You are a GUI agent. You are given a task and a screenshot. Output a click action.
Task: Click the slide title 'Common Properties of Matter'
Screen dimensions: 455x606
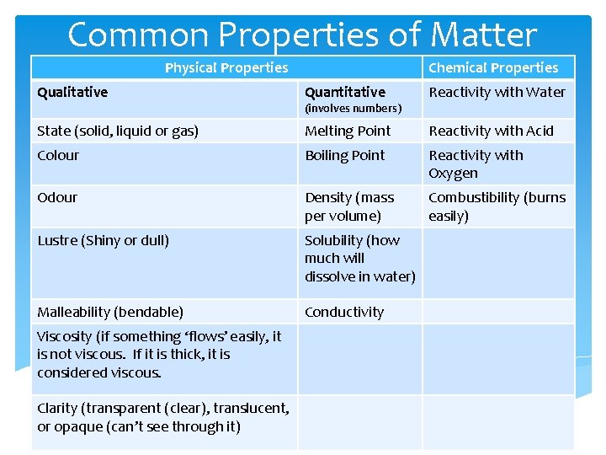(302, 35)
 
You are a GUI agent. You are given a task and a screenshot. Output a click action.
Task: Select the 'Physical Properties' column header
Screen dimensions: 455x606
(226, 68)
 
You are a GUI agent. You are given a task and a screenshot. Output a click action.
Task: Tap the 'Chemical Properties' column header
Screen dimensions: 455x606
(493, 68)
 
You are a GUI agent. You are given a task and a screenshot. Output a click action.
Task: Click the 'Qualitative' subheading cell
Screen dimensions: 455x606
(72, 93)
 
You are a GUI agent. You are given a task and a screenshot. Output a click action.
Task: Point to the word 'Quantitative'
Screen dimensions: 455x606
(345, 93)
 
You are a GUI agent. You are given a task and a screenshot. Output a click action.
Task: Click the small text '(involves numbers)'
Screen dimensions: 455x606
(353, 109)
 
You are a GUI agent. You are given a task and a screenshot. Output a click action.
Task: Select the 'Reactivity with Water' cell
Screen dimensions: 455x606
(497, 93)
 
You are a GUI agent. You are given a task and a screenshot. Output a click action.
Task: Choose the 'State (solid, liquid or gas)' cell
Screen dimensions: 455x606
(118, 131)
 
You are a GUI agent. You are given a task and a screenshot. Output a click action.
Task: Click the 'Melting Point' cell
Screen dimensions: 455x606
(348, 131)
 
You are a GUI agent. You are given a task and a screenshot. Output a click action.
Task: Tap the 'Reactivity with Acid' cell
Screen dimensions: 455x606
(492, 131)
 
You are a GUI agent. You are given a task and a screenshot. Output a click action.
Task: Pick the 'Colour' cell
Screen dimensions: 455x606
(58, 155)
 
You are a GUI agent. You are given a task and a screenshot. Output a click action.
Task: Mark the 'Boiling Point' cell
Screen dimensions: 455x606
(345, 155)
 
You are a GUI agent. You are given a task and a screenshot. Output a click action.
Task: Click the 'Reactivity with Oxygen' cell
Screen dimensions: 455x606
(476, 163)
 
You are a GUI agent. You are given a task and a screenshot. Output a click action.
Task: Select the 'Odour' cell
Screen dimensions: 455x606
(57, 197)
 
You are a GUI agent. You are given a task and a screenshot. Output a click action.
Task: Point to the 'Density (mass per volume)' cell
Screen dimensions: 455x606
(349, 206)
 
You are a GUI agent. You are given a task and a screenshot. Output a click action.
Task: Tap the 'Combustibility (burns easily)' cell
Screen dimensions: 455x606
(497, 206)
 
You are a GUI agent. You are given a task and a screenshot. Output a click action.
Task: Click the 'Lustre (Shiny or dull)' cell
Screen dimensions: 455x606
(104, 240)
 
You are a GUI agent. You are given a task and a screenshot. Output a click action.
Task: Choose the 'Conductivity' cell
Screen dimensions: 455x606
(344, 312)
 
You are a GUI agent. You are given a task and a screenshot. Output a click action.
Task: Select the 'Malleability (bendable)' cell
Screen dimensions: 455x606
(110, 312)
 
